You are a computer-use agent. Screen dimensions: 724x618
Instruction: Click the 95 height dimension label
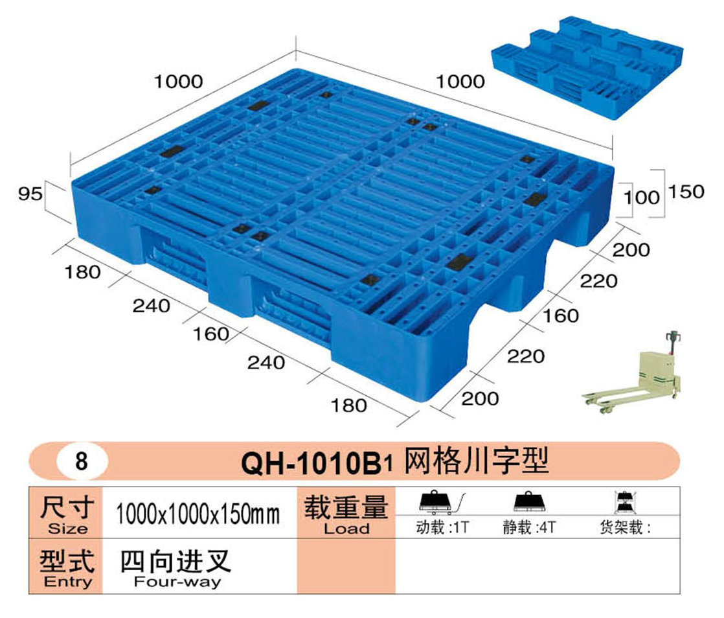[x=31, y=192]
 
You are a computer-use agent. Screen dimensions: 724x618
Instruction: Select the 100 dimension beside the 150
[x=644, y=197]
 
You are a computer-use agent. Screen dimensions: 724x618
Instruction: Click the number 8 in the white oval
[x=81, y=463]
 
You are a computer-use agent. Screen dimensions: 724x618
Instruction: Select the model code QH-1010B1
[x=317, y=463]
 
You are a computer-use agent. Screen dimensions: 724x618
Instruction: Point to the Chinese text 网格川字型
[x=476, y=461]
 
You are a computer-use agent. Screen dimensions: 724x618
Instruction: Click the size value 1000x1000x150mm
[x=198, y=515]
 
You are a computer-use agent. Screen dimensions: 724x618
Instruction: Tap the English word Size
[x=67, y=529]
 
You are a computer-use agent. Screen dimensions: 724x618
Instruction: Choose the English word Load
[x=346, y=529]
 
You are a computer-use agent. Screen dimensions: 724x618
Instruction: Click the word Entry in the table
[x=67, y=581]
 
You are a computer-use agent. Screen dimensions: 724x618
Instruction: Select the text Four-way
[x=177, y=581]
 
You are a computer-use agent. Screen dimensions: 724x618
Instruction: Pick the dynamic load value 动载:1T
[x=442, y=528]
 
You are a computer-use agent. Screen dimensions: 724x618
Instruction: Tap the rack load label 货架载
[x=625, y=528]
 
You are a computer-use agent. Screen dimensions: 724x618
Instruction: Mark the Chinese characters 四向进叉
[x=175, y=560]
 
